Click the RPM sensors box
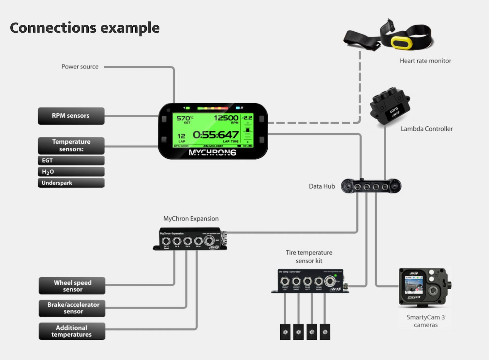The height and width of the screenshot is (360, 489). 71,116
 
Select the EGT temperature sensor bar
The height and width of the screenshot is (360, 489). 71,160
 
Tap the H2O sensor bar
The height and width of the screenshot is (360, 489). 71,172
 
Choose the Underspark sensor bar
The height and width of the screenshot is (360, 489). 71,183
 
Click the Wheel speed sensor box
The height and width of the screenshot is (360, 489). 72,286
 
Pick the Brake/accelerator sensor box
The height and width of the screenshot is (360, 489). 72,308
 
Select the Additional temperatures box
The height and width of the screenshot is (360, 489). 72,331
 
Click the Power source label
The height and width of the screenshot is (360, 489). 80,67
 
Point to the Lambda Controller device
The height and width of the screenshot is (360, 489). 389,106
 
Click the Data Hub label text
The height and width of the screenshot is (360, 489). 322,186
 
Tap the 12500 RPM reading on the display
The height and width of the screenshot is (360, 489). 226,118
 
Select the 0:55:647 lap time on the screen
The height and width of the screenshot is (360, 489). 215,135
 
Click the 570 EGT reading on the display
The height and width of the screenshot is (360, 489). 184,118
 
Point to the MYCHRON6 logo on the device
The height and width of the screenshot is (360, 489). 212,152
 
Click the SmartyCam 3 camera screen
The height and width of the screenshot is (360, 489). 413,284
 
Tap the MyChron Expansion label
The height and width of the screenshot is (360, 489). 191,219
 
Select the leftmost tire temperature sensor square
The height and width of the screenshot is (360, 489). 285,332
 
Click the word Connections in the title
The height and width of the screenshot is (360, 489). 53,28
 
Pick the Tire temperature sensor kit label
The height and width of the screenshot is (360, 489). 309,256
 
